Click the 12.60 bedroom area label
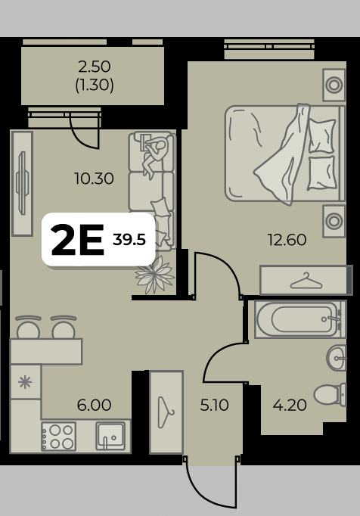pyautogui.click(x=287, y=240)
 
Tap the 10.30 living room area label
pyautogui.click(x=94, y=179)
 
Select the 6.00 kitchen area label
pyautogui.click(x=94, y=405)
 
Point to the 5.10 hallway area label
pyautogui.click(x=214, y=405)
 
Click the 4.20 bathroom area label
pyautogui.click(x=290, y=405)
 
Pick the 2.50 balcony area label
pyautogui.click(x=94, y=67)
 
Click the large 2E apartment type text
pyautogui.click(x=78, y=240)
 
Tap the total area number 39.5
pyautogui.click(x=129, y=240)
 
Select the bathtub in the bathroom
pyautogui.click(x=300, y=319)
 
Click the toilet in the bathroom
pyautogui.click(x=330, y=394)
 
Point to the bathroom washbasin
pyautogui.click(x=337, y=358)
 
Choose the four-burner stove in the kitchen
pyautogui.click(x=58, y=437)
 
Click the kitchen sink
pyautogui.click(x=110, y=437)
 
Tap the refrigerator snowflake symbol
pyautogui.click(x=25, y=382)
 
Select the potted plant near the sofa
pyautogui.click(x=154, y=275)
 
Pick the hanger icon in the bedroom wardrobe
pyautogui.click(x=306, y=281)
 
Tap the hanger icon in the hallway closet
pyautogui.click(x=166, y=412)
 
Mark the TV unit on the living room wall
pyautogui.click(x=22, y=184)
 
